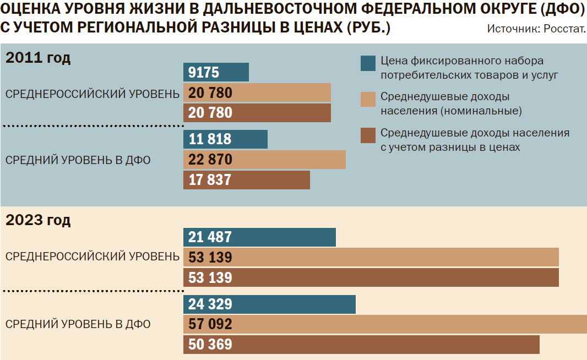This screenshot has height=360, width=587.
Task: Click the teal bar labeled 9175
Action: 216,73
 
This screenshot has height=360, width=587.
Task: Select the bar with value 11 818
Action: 225,139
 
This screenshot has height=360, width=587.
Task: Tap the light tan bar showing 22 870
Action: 264,160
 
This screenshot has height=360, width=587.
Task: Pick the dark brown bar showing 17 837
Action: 246,180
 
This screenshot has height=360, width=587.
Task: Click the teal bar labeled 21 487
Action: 259,237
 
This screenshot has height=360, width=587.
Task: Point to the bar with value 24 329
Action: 269,304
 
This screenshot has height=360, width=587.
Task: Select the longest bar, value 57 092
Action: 385,324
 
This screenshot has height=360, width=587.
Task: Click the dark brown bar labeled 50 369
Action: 361,345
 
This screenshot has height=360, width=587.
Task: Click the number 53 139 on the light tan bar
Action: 210,258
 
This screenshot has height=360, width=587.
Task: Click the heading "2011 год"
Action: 38,58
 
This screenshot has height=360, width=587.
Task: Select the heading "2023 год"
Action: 38,221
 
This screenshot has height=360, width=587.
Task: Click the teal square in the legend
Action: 368,63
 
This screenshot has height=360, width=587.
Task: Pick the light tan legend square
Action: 368,100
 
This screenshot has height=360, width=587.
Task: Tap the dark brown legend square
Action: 368,135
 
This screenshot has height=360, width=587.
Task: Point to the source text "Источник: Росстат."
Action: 536,29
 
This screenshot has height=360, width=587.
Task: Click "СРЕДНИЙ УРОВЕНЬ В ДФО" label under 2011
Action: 78,160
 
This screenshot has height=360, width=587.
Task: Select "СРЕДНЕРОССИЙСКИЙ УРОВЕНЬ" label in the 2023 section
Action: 92,257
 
